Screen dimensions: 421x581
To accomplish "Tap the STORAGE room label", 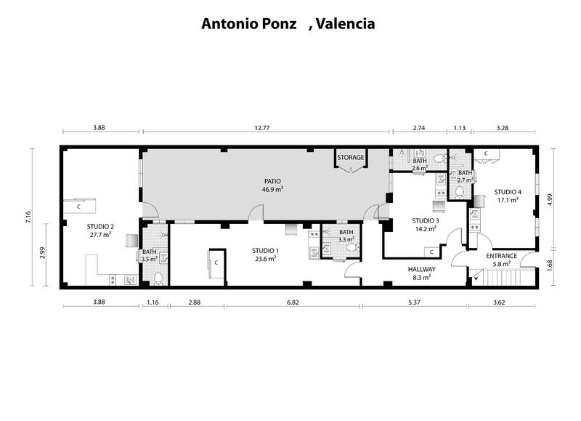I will pos(351,157).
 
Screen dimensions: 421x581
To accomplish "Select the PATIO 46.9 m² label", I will pos(272,185).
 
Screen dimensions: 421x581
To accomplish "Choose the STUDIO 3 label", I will pos(424,224).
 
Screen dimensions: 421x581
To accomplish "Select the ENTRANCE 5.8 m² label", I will pos(501,260).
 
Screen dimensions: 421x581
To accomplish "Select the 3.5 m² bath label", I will pos(149,256).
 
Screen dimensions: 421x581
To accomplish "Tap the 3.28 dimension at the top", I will pos(501,128).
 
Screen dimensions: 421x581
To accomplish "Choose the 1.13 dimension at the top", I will pos(459,128).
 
